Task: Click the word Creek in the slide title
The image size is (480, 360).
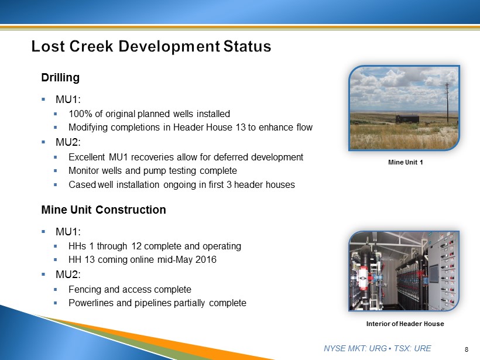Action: (x=91, y=46)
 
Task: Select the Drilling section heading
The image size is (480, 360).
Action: (x=60, y=77)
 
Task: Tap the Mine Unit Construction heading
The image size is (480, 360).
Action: (x=104, y=210)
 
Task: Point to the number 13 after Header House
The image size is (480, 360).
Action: (x=241, y=128)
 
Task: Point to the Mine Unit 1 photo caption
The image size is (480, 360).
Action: (x=405, y=162)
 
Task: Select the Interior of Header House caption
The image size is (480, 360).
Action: (x=405, y=324)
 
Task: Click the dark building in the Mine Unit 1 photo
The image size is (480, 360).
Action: (x=407, y=119)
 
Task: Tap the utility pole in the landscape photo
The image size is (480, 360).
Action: (x=447, y=102)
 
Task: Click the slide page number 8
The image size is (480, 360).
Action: (x=467, y=349)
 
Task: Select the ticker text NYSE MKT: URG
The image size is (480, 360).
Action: (x=355, y=348)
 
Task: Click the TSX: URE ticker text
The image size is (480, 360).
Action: (x=412, y=348)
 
